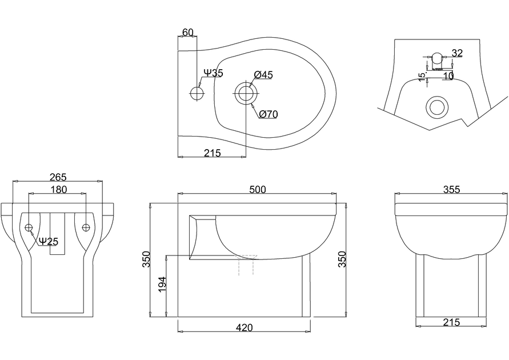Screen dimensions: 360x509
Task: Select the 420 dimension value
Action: pos(244,327)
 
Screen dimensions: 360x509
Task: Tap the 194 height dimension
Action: pos(162,285)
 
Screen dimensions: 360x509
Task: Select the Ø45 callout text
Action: pos(263,75)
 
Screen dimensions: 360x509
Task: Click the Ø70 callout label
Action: pos(268,114)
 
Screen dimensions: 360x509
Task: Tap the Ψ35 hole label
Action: pos(213,73)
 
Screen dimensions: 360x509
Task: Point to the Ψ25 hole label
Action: pos(49,241)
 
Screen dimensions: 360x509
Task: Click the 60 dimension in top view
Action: pos(188,32)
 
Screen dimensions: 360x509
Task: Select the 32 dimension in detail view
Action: pos(457,53)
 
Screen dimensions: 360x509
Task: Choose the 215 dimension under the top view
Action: pos(212,153)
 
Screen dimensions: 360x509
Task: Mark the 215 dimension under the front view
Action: pos(451,322)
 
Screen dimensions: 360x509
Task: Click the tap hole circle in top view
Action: pos(197,93)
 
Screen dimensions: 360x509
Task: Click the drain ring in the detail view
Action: pos(438,106)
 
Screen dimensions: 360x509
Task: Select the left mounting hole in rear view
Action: pos(29,227)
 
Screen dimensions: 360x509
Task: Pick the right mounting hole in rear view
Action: pos(86,227)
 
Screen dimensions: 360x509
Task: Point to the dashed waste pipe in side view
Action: pos(246,265)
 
